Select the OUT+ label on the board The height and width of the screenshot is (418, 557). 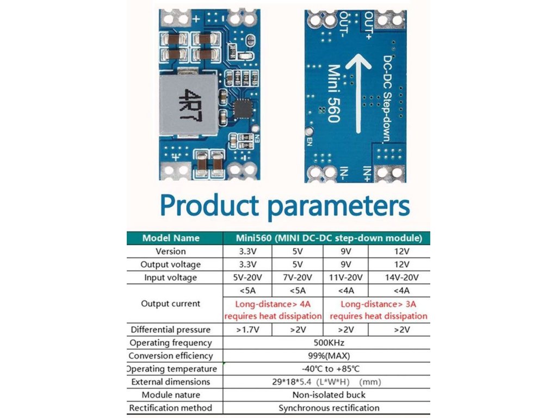(x=368, y=25)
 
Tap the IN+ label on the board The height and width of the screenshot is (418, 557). (x=368, y=173)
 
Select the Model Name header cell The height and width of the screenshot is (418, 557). (x=171, y=238)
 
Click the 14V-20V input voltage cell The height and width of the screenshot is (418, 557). (x=399, y=278)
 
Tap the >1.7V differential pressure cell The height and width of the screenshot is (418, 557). (x=247, y=330)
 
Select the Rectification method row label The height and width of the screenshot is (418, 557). (x=170, y=408)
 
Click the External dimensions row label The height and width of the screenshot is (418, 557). (x=170, y=382)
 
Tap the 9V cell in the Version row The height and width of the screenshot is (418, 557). (x=345, y=251)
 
